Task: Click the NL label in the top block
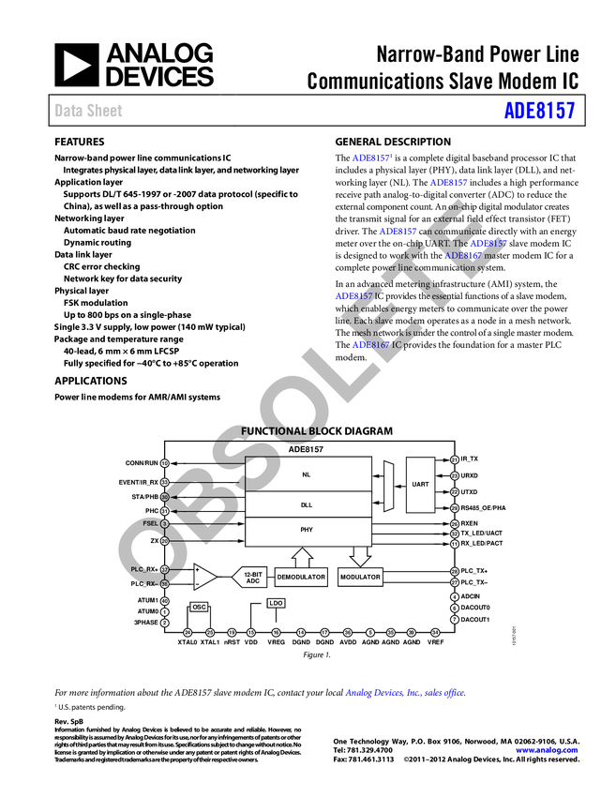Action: [x=307, y=474]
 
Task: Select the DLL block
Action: [x=307, y=504]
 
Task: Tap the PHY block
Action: [x=307, y=530]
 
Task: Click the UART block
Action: [x=420, y=484]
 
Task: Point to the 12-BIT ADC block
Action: [x=251, y=578]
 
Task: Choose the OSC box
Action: [x=199, y=607]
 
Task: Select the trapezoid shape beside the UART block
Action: [x=387, y=485]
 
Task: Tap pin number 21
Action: [x=455, y=459]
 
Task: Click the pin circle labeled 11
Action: [x=455, y=544]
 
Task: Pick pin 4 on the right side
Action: [x=455, y=596]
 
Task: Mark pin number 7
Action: [x=455, y=619]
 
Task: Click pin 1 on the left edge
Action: [x=164, y=611]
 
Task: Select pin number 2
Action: [x=164, y=623]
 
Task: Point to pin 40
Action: [x=164, y=601]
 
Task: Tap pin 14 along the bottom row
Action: [x=301, y=633]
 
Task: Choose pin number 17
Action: [x=324, y=633]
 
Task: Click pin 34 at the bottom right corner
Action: [x=435, y=633]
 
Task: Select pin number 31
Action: [x=164, y=511]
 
